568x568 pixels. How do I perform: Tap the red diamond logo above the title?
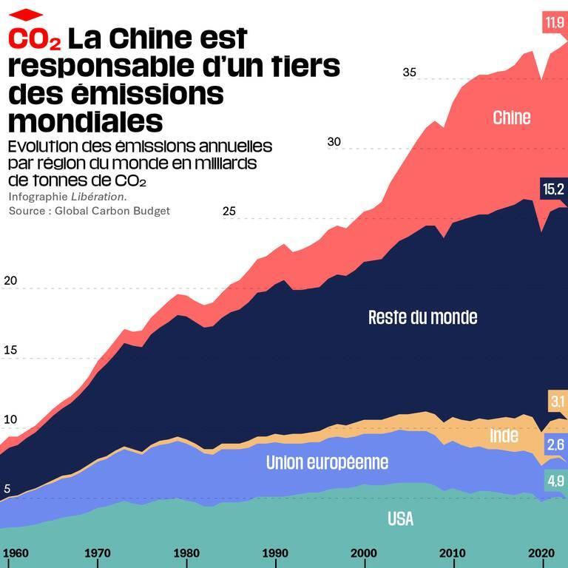coord(26,14)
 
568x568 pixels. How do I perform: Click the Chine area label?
coord(511,117)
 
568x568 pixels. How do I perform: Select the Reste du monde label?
coord(422,317)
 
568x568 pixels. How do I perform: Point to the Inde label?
coord(504,436)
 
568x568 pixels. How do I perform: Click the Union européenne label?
coord(327,463)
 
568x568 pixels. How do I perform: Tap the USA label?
coord(400,519)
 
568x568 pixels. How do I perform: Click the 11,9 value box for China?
coord(554,23)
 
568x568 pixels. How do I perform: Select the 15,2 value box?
coord(553,190)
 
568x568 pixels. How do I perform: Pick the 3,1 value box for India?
coord(557,402)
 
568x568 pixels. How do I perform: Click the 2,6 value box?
coord(555,445)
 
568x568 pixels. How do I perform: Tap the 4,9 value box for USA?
coord(555,481)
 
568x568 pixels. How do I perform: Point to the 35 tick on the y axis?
coord(410,72)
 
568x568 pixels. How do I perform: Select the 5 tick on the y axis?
coord(7,489)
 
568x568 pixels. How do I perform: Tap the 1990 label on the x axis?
coord(275,553)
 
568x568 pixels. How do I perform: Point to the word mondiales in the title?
coord(84,120)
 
